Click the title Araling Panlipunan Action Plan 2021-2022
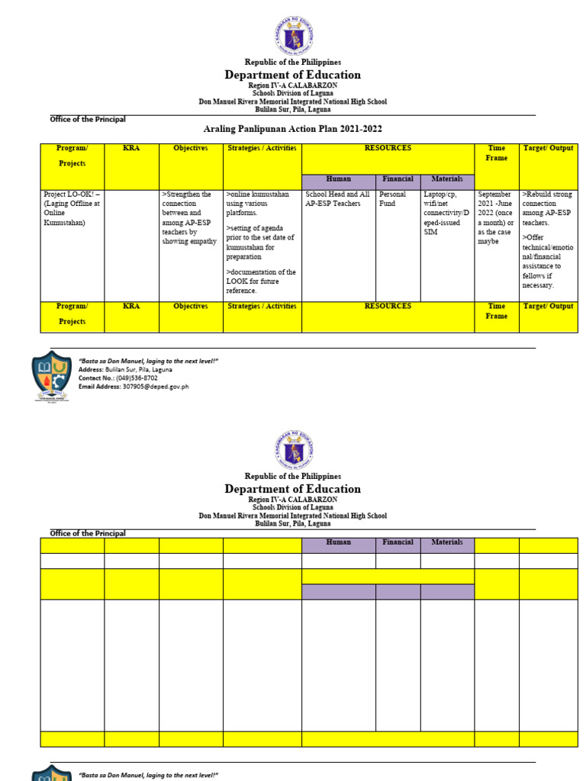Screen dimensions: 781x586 (292, 130)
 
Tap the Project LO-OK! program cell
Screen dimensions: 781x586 (72, 209)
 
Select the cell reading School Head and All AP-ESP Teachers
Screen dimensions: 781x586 (336, 199)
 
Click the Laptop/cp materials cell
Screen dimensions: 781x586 (446, 213)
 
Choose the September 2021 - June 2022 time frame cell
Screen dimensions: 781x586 (495, 217)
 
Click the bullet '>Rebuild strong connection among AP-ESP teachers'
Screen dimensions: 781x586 (547, 204)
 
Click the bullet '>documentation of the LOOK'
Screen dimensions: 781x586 (261, 281)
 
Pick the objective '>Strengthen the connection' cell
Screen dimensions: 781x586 (189, 217)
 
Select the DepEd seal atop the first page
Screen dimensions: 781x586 (292, 35)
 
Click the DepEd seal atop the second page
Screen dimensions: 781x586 (292, 449)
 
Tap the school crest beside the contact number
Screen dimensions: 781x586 (52, 375)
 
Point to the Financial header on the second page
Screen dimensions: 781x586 (397, 543)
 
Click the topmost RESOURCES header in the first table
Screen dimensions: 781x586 (388, 148)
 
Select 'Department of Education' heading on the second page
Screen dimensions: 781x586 (292, 489)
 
